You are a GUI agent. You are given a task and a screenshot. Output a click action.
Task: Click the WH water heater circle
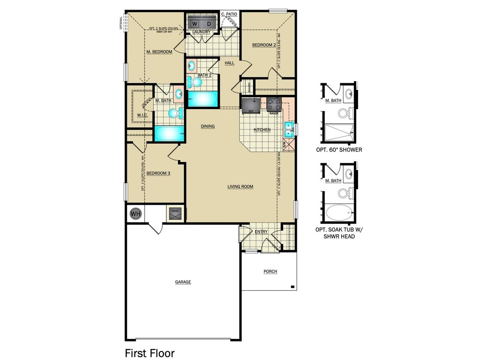pos(136,214)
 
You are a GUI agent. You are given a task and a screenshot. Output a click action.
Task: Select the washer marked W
pos(195,24)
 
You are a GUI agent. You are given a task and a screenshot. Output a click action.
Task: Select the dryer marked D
pos(209,24)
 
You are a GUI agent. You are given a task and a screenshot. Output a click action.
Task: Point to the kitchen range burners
pos(274,104)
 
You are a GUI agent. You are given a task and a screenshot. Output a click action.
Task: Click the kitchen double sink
pos(288,129)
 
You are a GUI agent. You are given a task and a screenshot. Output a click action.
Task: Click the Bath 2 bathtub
pos(202,99)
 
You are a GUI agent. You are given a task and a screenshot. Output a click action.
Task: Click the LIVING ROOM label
pos(240,186)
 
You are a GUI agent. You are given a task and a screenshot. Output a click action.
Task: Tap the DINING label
pos(207,126)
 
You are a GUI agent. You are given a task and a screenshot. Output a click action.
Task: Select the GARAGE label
pos(183,282)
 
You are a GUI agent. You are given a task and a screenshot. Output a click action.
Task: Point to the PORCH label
pos(270,271)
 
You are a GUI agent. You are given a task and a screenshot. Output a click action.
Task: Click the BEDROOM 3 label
pos(158,173)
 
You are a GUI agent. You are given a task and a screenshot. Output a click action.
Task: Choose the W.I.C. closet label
pos(142,115)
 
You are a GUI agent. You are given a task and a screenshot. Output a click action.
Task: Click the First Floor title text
pos(150,353)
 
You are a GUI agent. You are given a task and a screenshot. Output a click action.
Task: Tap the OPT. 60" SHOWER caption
pos(339,150)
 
